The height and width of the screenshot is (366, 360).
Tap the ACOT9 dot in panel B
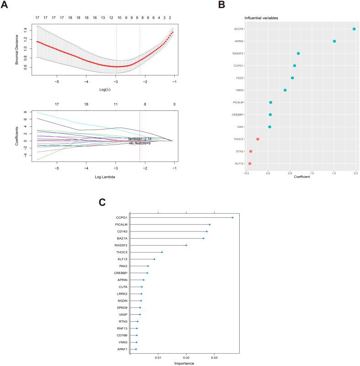pos(354,29)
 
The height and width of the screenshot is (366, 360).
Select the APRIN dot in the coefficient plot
pos(334,41)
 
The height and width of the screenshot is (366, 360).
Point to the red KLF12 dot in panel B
pos(250,163)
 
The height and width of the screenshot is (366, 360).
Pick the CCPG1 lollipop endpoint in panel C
pos(232,217)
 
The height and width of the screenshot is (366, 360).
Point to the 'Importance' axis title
pos(184,363)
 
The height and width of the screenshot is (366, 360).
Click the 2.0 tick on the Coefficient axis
pos(355,173)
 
